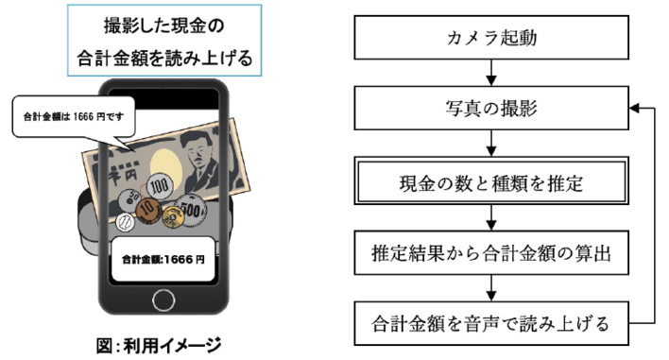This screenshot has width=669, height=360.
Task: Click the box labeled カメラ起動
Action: pos(491,40)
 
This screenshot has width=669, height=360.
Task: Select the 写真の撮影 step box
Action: pos(491,110)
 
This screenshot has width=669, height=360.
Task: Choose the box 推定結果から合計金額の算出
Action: pos(491,252)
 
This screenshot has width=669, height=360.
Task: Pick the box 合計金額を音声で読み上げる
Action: pos(491,324)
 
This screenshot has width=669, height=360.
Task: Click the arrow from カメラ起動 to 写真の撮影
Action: pos(491,75)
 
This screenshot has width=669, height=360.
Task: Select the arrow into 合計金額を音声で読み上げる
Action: pos(491,288)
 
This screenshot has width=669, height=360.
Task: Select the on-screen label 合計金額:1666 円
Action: pos(164,256)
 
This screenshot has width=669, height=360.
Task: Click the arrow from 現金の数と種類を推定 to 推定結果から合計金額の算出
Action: pos(491,216)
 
